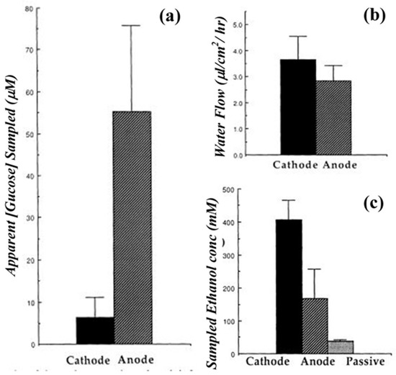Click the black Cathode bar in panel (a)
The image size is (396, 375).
pos(95,330)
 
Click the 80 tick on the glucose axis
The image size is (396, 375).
pos(28,9)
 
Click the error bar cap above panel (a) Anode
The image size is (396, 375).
pos(130,25)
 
